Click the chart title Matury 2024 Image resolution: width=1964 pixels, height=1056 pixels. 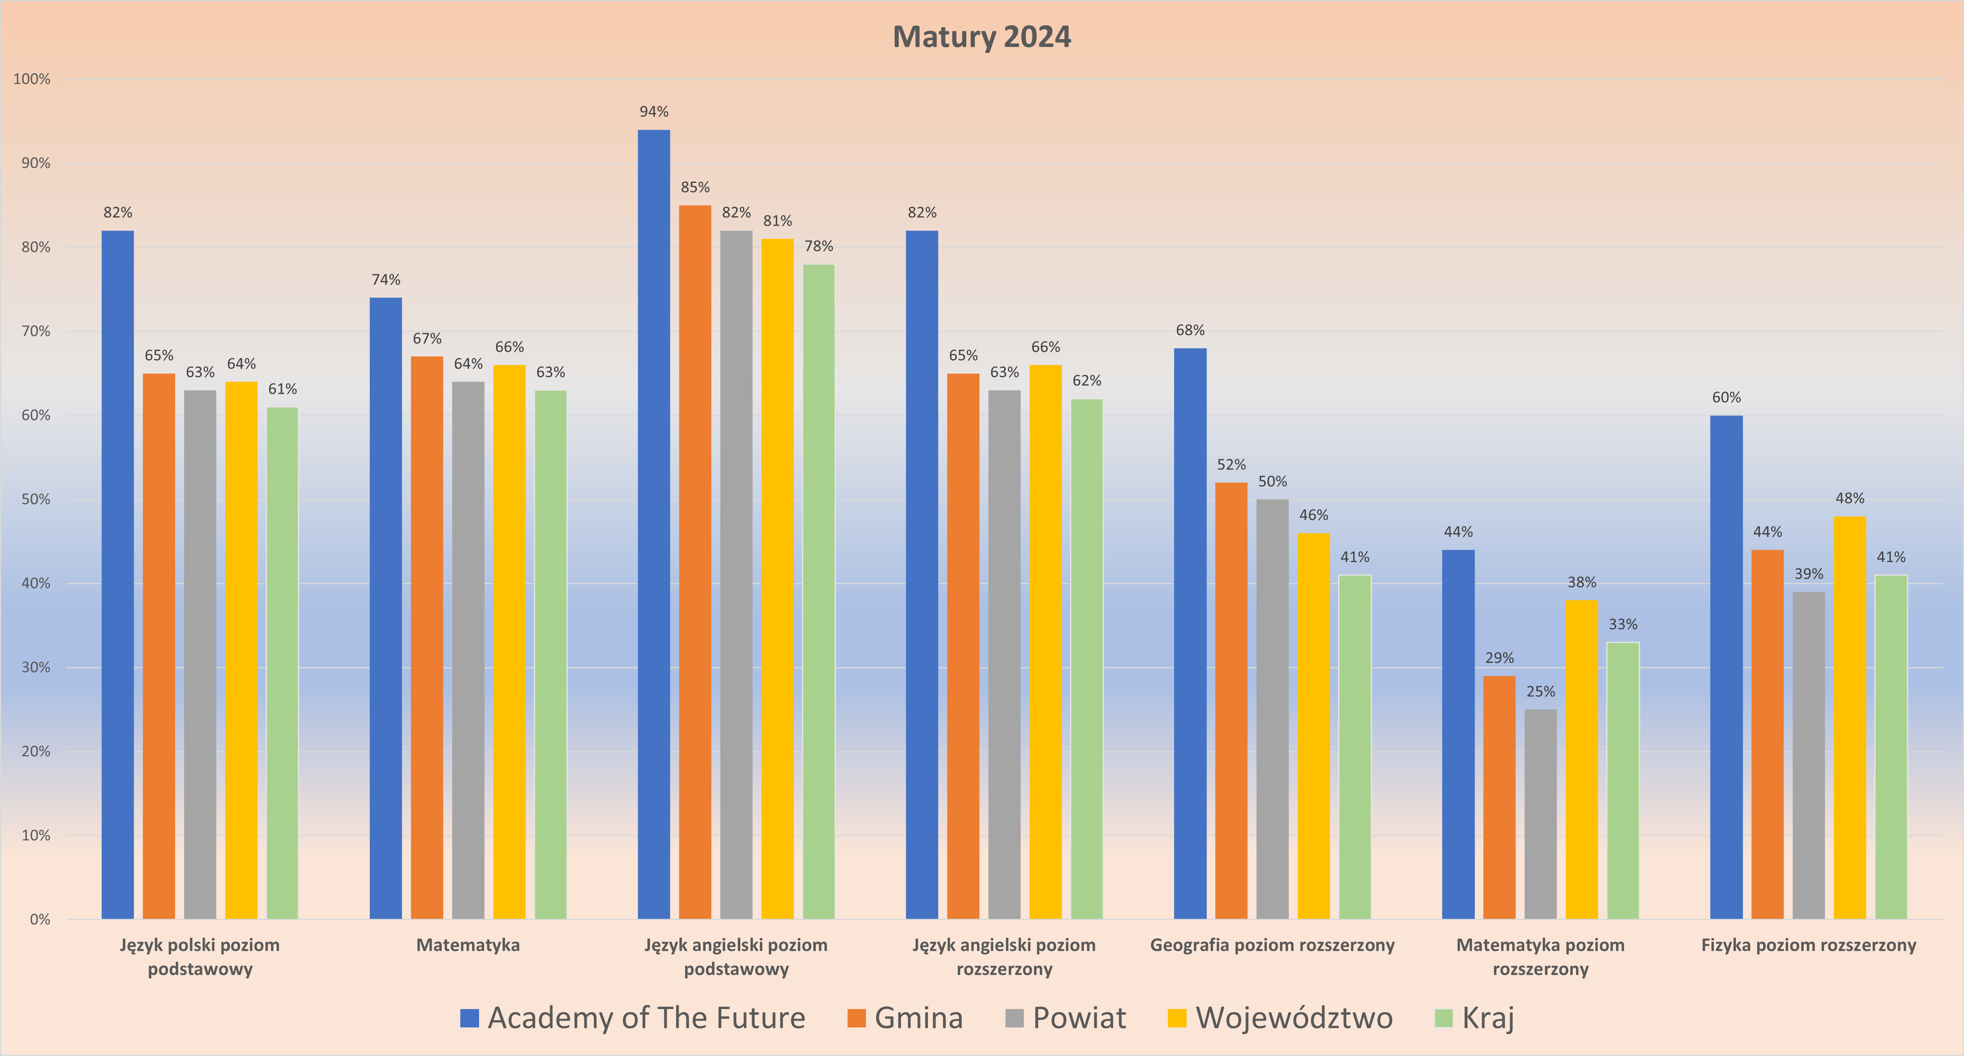(x=981, y=37)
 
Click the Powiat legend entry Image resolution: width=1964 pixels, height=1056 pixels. (x=1066, y=1018)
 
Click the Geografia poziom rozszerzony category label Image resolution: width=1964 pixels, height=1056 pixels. (x=1272, y=945)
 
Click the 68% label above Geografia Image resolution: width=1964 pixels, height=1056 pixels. (x=1190, y=330)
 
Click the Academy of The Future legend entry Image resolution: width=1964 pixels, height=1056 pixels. (x=633, y=1018)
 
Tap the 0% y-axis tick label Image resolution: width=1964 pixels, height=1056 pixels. (x=40, y=920)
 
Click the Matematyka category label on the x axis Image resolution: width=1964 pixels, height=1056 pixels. (x=468, y=945)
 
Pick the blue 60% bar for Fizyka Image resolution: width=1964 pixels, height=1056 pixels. (x=1726, y=667)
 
